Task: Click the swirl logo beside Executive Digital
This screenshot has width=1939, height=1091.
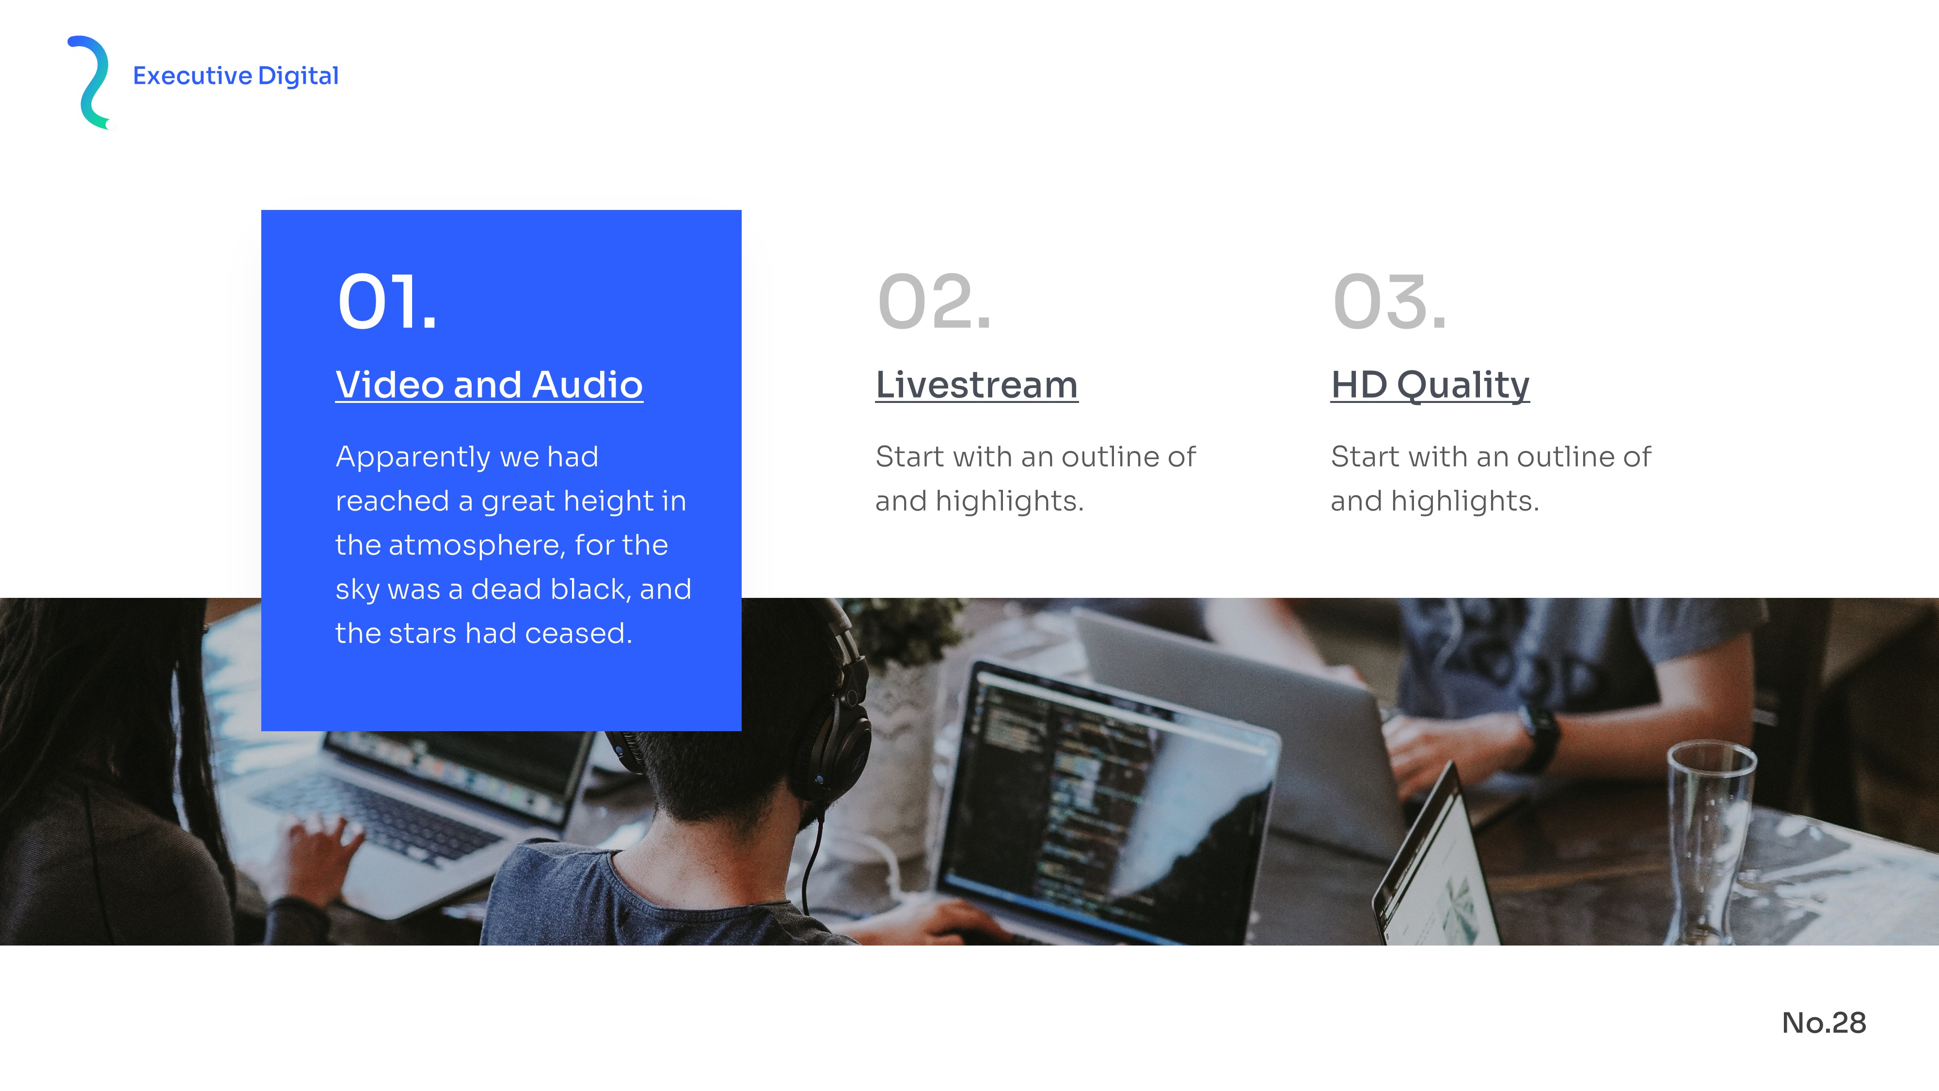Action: coord(88,83)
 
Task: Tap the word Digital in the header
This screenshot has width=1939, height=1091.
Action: coord(298,77)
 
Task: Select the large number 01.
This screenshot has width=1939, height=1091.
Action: coord(387,302)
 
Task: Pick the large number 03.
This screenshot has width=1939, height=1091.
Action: coord(1389,302)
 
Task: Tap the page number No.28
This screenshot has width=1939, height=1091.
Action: coord(1824,1023)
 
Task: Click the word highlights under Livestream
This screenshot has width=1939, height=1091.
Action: coord(1009,501)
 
